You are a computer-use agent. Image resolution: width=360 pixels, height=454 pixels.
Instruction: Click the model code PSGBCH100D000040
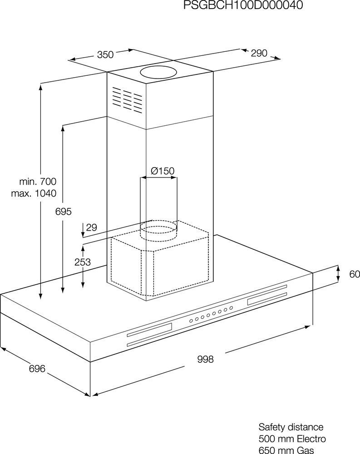pyautogui.click(x=243, y=5)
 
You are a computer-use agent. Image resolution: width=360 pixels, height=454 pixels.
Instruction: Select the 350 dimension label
pyautogui.click(x=105, y=54)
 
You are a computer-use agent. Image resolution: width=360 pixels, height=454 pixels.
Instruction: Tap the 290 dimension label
pyautogui.click(x=259, y=53)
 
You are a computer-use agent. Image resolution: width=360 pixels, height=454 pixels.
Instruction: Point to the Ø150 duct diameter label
pyautogui.click(x=163, y=171)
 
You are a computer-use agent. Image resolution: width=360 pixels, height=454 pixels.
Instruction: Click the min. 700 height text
pyautogui.click(x=38, y=182)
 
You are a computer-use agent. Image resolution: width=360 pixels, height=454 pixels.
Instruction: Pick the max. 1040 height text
pyautogui.click(x=34, y=193)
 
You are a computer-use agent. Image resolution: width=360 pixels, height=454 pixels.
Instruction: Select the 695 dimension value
pyautogui.click(x=64, y=212)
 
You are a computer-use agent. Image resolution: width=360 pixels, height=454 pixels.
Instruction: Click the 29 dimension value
pyautogui.click(x=92, y=227)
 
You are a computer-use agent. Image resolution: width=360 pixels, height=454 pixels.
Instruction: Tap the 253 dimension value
pyautogui.click(x=83, y=262)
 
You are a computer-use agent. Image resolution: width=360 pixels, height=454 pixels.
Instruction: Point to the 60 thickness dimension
pyautogui.click(x=355, y=274)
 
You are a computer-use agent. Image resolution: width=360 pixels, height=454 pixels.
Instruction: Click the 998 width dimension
pyautogui.click(x=205, y=359)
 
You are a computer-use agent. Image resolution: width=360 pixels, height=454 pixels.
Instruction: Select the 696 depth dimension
pyautogui.click(x=37, y=369)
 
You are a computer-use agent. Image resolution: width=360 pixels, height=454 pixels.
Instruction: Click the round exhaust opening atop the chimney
pyautogui.click(x=158, y=72)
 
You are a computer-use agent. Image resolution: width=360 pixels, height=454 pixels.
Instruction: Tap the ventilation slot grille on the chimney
pyautogui.click(x=127, y=99)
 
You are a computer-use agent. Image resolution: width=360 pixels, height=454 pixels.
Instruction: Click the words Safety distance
pyautogui.click(x=291, y=427)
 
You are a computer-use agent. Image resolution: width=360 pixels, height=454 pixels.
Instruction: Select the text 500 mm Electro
pyautogui.click(x=292, y=439)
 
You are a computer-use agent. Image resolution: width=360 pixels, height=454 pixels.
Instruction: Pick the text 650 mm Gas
pyautogui.click(x=286, y=450)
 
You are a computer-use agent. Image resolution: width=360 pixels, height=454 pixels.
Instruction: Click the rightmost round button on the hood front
pyautogui.click(x=231, y=308)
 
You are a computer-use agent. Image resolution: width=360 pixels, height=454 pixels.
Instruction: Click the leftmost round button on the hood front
pyautogui.click(x=191, y=321)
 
